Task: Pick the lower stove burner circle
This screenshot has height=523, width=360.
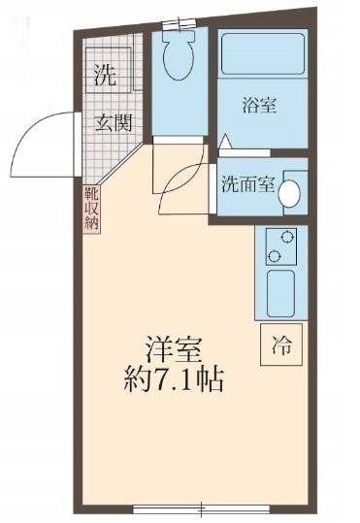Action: [x=275, y=256]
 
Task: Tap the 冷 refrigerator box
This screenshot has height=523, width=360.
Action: [x=280, y=343]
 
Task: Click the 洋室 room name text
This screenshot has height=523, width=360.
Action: [x=173, y=347]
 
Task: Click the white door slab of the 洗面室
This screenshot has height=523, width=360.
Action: [x=212, y=182]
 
